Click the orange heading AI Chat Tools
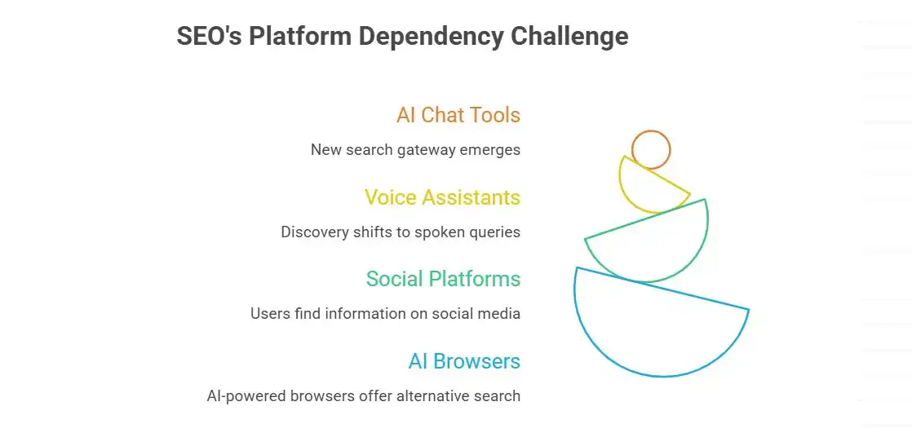tap(458, 115)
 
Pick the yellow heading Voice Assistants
tap(441, 197)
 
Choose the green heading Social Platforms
tap(443, 279)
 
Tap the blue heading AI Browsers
tap(464, 361)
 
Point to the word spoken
tap(441, 232)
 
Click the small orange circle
tap(651, 149)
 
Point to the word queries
tap(495, 232)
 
